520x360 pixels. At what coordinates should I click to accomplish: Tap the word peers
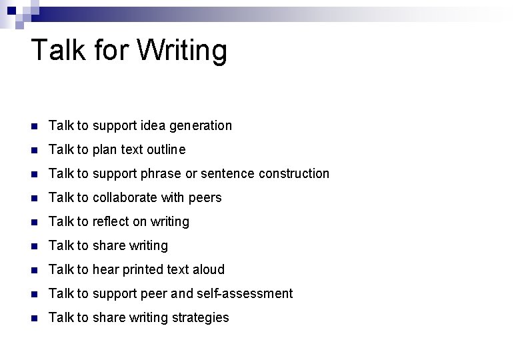[x=205, y=198]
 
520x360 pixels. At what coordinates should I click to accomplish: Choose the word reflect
[x=113, y=221]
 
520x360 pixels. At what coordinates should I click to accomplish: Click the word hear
[x=105, y=269]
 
